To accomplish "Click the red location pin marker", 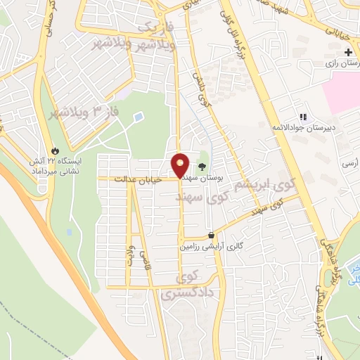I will pyautogui.click(x=181, y=165).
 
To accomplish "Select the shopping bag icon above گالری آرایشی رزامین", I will pyautogui.click(x=212, y=236).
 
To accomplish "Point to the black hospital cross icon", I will pyautogui.click(x=349, y=53).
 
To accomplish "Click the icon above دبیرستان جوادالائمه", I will pyautogui.click(x=303, y=117).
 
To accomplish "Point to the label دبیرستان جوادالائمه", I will pyautogui.click(x=303, y=129).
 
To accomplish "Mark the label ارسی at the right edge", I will pyautogui.click(x=349, y=162).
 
